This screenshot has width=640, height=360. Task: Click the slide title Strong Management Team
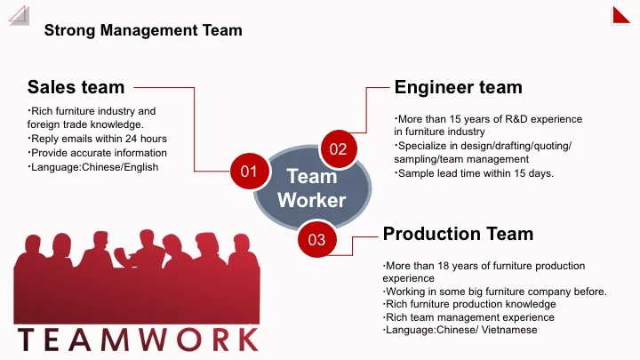click(x=143, y=31)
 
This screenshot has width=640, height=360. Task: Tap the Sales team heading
click(x=76, y=86)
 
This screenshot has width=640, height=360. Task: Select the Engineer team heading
click(x=458, y=86)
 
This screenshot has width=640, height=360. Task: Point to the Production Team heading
click(x=458, y=234)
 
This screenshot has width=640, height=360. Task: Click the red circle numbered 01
click(x=249, y=170)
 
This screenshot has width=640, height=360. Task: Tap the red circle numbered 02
click(x=338, y=148)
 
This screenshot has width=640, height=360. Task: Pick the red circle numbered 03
click(x=316, y=238)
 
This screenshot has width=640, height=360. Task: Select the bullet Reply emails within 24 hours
click(x=98, y=139)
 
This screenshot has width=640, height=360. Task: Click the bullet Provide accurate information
click(x=98, y=153)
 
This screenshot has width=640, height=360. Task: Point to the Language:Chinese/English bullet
click(x=93, y=166)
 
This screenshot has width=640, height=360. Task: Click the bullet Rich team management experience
click(x=468, y=317)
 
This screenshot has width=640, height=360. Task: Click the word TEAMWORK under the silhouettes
click(x=138, y=340)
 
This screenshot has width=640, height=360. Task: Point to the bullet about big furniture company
click(x=494, y=291)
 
